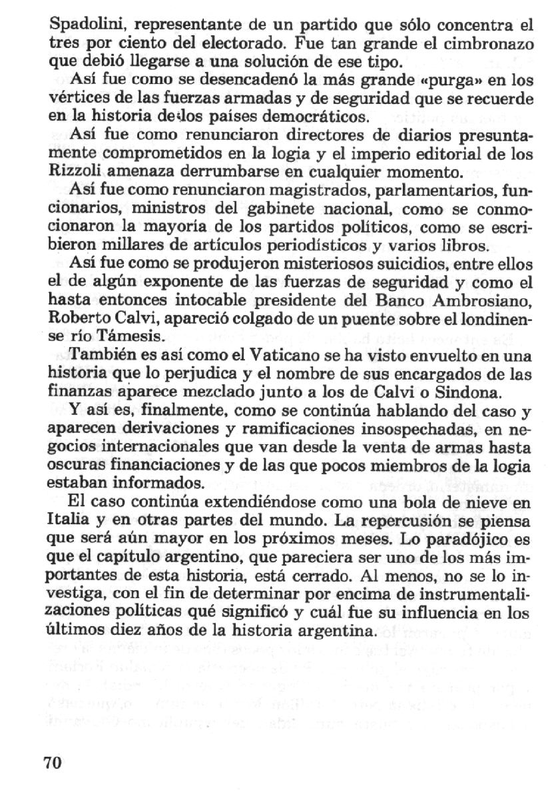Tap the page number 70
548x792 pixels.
pyautogui.click(x=52, y=763)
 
